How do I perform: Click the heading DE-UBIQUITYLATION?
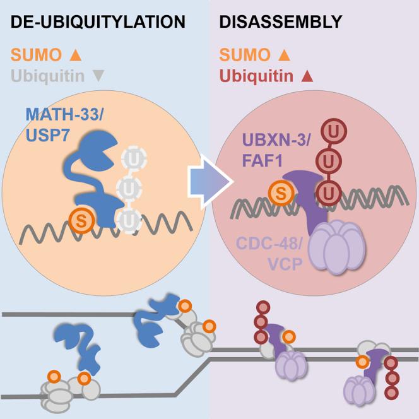tap(97, 23)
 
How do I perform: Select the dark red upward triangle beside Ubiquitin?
tap(308, 77)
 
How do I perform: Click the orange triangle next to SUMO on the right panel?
tap(285, 54)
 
